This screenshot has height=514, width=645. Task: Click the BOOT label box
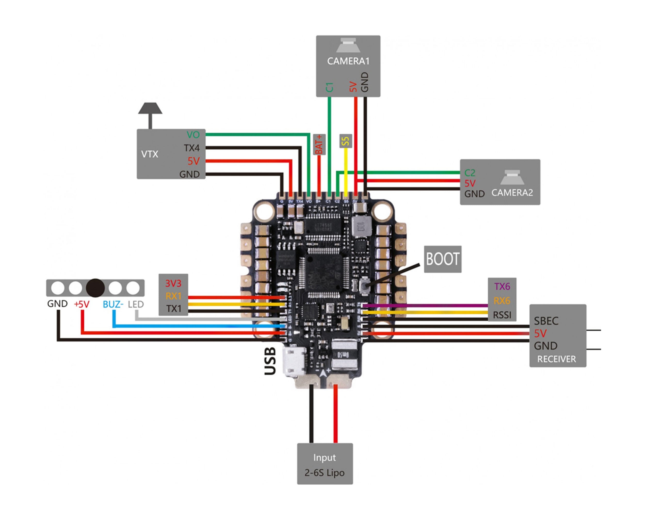pyautogui.click(x=442, y=259)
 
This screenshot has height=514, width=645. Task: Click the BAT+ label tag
pyautogui.click(x=319, y=144)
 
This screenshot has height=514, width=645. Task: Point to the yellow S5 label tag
pyautogui.click(x=345, y=141)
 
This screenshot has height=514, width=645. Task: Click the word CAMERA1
pyautogui.click(x=348, y=61)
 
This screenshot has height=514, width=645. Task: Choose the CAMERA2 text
pyautogui.click(x=512, y=193)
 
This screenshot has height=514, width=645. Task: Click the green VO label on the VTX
pyautogui.click(x=193, y=135)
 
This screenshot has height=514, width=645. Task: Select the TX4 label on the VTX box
pyautogui.click(x=191, y=148)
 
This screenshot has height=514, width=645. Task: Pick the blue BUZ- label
pyautogui.click(x=113, y=304)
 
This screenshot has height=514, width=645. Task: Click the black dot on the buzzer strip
pyautogui.click(x=95, y=288)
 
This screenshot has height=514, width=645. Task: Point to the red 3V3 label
pyautogui.click(x=173, y=283)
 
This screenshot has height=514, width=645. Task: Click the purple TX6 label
pyautogui.click(x=502, y=287)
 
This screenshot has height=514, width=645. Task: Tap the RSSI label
pyautogui.click(x=502, y=315)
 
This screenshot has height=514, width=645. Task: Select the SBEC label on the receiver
pyautogui.click(x=546, y=321)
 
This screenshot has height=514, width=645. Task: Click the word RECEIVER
pyautogui.click(x=557, y=359)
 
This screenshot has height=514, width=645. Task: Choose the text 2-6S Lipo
pyautogui.click(x=325, y=473)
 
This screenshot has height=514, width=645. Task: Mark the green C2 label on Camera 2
pyautogui.click(x=470, y=173)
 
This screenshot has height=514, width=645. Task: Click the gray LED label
pyautogui.click(x=136, y=304)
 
